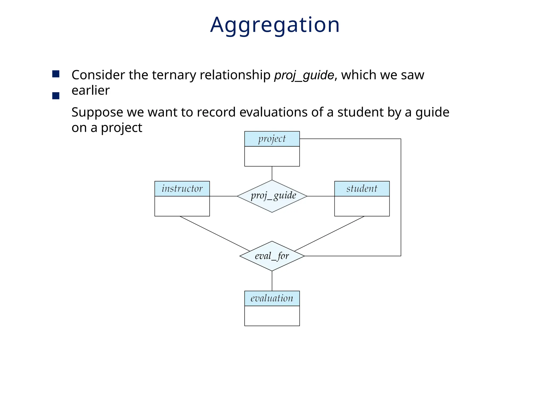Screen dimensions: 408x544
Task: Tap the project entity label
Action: [272, 139]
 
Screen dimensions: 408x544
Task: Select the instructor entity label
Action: [182, 189]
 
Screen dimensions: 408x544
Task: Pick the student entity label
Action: [362, 189]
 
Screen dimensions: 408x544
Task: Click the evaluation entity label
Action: [272, 298]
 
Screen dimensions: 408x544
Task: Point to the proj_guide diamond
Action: [272, 196]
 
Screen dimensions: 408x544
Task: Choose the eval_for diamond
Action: [272, 256]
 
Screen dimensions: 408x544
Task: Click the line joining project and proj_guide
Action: [272, 173]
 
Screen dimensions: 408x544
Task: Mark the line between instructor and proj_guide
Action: [223, 196]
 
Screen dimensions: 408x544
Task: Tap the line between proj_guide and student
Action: [321, 196]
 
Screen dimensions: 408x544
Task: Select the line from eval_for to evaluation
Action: [272, 281]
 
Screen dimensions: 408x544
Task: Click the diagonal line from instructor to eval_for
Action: [215, 233]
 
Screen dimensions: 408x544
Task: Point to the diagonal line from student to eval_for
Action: [329, 233]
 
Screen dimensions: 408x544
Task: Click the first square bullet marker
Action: [56, 74]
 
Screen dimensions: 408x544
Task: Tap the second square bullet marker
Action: [56, 96]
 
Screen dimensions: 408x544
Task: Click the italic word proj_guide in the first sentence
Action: [304, 75]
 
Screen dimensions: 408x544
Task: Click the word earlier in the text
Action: [91, 91]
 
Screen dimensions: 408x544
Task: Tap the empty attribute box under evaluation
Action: [272, 316]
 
